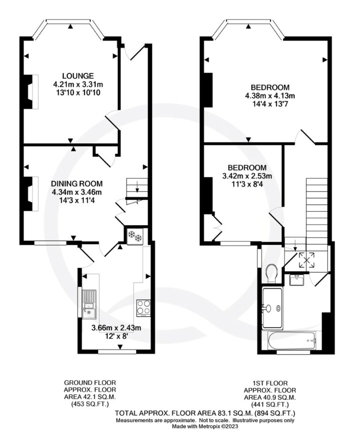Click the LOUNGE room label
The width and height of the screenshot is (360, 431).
tap(78, 76)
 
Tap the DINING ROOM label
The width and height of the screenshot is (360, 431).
tap(77, 184)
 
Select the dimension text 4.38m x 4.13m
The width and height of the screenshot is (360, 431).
tap(270, 96)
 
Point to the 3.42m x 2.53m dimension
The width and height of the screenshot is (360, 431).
tap(247, 176)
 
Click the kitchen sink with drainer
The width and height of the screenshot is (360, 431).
tap(89, 304)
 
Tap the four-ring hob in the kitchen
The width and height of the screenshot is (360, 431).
tap(143, 307)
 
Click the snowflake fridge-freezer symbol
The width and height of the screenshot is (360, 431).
tap(135, 236)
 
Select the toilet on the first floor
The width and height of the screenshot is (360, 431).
tap(271, 273)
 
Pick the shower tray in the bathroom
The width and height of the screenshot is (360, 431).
tap(272, 308)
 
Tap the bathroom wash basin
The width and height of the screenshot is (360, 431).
tap(297, 280)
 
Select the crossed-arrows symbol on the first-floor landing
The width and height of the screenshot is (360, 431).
tap(307, 260)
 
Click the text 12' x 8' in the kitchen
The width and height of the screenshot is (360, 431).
tap(116, 336)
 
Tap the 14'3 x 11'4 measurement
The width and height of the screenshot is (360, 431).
tap(77, 201)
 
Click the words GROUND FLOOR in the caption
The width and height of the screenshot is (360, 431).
tap(90, 382)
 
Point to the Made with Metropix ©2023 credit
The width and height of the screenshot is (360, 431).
tap(205, 426)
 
